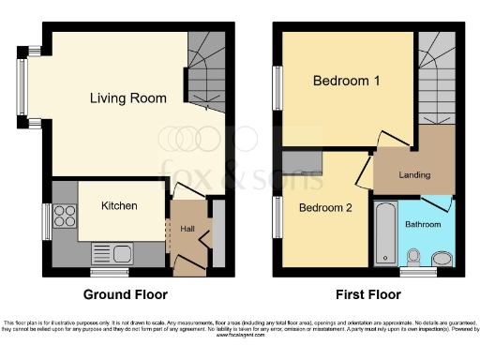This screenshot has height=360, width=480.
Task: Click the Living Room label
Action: tap(128, 97)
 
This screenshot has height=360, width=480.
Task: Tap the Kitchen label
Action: tap(119, 205)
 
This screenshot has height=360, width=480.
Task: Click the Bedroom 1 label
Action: tap(346, 82)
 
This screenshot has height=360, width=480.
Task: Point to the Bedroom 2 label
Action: tap(325, 208)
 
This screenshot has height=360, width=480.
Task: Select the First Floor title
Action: tap(362, 293)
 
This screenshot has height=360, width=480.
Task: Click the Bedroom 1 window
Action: tap(277, 89)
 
